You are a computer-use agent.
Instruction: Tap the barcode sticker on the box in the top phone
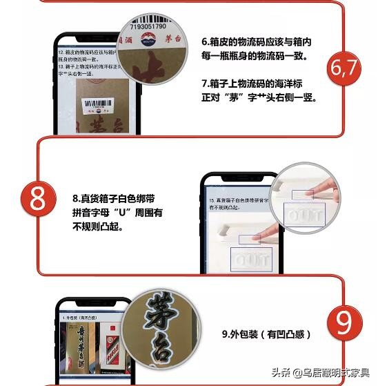(x=94, y=106)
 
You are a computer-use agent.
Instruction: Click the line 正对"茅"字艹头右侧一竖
(x=259, y=97)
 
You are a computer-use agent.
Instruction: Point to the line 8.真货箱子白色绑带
(x=118, y=198)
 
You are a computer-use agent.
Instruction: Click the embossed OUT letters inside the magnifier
(x=304, y=215)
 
